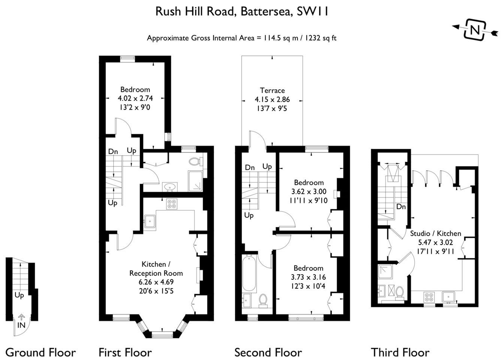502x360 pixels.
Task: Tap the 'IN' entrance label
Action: point(21,325)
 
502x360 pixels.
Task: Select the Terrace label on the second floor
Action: point(272,90)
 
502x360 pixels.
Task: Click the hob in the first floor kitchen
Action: point(172,204)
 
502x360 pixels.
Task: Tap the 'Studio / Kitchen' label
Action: point(435,234)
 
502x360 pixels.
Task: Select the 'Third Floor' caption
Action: point(400,352)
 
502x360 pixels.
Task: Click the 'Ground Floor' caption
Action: point(40,352)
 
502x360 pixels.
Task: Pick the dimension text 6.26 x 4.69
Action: point(156,282)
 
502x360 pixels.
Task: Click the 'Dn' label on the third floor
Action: point(401,207)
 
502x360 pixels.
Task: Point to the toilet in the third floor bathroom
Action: point(399,294)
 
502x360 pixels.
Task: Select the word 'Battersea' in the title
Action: point(267,12)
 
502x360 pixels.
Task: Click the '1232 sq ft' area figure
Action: point(321,38)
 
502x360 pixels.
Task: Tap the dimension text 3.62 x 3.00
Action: point(309,192)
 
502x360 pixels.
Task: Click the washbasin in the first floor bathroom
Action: point(170,187)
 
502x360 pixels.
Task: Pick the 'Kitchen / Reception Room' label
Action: point(156,269)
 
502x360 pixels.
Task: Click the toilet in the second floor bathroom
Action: point(263,300)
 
